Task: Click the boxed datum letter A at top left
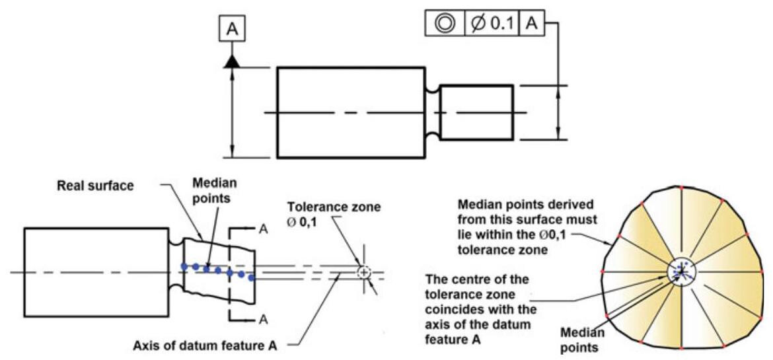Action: [232, 29]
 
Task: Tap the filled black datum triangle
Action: [232, 61]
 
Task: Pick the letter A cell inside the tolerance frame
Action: [531, 23]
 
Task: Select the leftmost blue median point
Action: [186, 266]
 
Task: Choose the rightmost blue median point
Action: [252, 277]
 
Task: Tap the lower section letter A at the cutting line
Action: [263, 320]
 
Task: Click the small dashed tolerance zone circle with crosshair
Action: [363, 271]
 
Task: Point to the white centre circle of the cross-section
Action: [681, 271]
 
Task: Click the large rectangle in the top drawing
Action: [350, 112]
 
